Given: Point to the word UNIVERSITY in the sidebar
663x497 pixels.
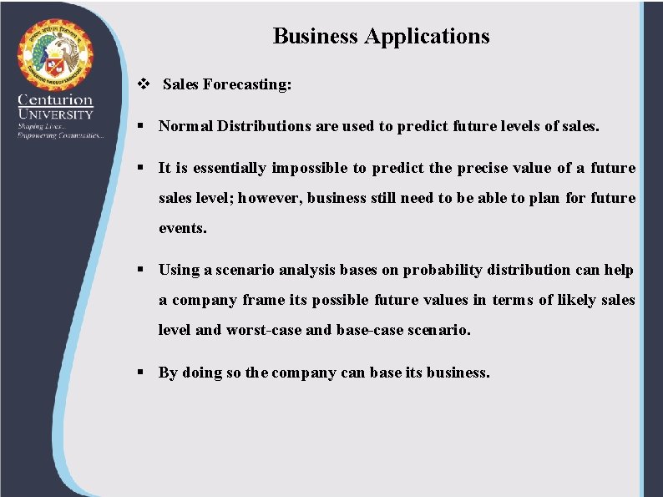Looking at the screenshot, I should [56, 114].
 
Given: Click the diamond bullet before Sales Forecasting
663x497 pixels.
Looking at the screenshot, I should [142, 84].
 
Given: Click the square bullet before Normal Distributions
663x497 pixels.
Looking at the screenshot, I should [143, 127].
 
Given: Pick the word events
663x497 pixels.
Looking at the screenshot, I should [182, 228].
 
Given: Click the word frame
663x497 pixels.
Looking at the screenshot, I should [263, 300].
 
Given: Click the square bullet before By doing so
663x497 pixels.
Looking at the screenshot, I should [143, 373].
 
